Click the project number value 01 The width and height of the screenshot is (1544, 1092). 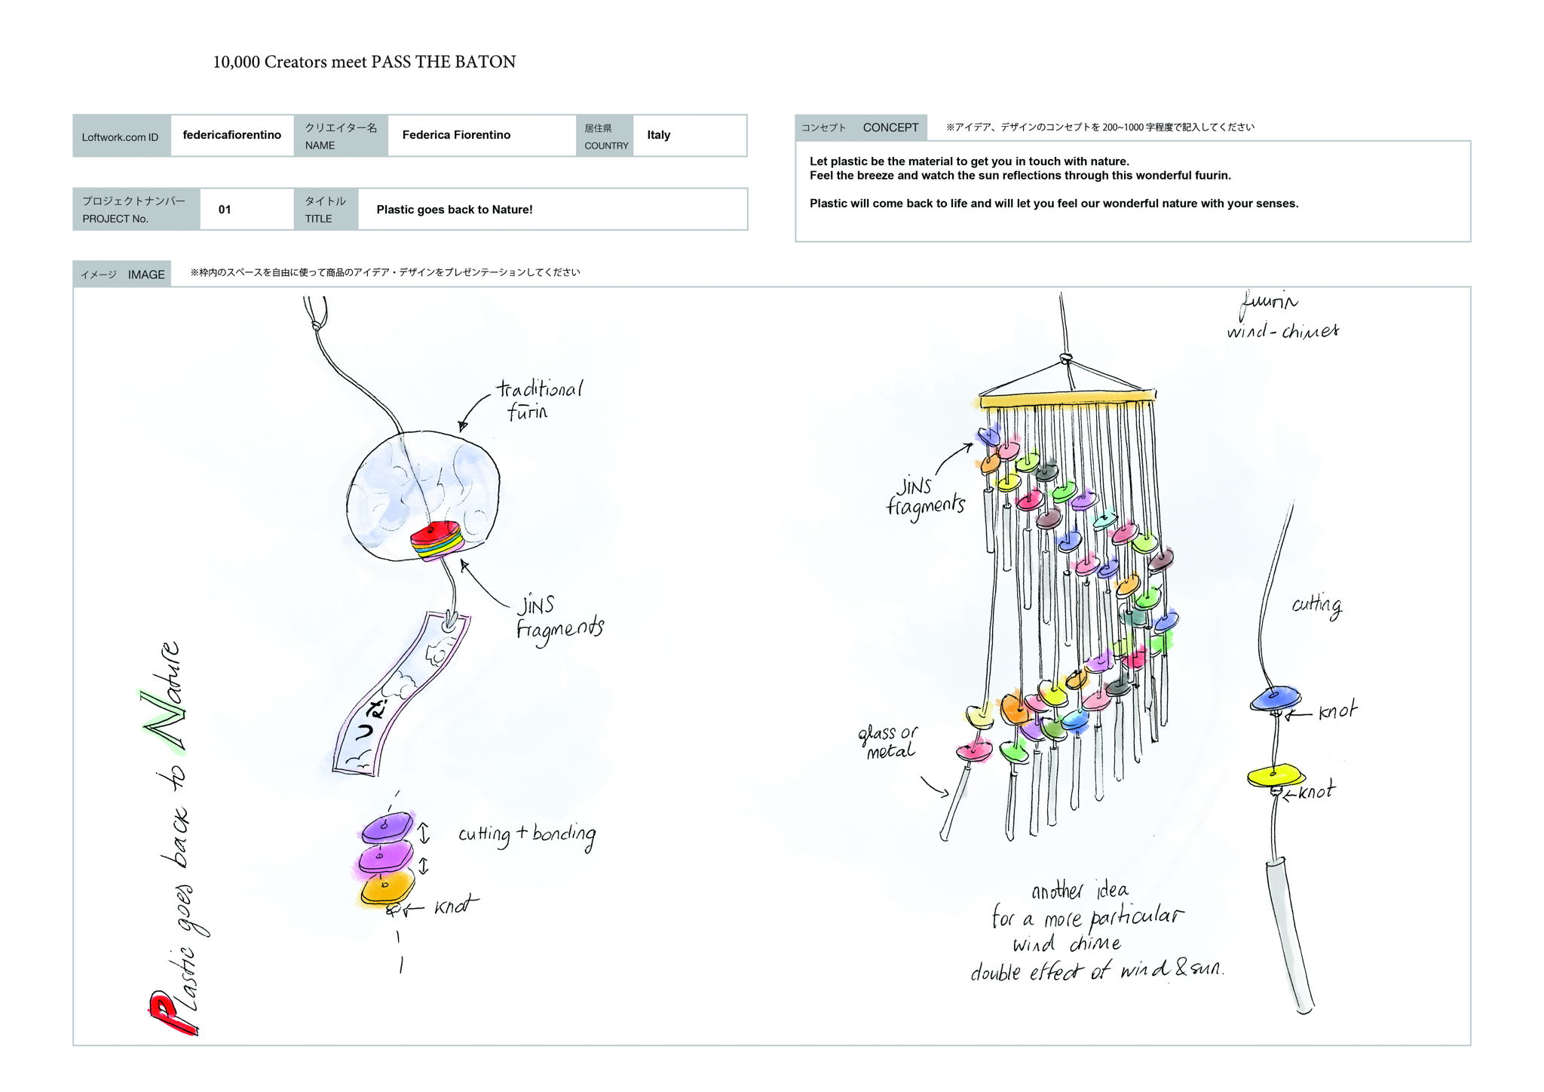tap(225, 210)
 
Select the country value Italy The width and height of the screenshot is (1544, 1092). tap(658, 135)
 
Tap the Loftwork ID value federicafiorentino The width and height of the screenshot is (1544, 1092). tap(231, 135)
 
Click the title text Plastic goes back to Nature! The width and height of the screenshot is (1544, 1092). tap(454, 210)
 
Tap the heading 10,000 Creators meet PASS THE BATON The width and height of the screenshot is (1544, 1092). tap(364, 62)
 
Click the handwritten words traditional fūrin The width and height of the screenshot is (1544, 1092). tap(538, 400)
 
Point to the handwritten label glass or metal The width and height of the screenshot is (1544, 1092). tap(888, 741)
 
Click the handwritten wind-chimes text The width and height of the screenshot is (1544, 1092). tap(1282, 330)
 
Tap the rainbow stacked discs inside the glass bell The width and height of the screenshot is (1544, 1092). tap(438, 541)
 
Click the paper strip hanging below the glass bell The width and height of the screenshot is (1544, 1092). tap(400, 694)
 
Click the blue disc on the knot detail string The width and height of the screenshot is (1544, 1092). tap(1275, 698)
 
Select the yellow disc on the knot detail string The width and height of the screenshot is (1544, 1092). tap(1275, 776)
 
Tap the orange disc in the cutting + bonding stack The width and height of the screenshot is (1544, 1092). tap(388, 887)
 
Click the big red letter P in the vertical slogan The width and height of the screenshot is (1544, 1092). tap(172, 1014)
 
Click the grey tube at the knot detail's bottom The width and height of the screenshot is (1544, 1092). tap(1290, 935)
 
